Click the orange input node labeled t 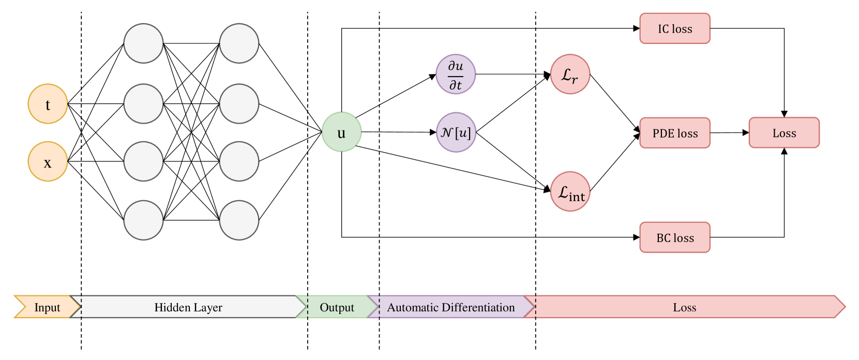pos(48,104)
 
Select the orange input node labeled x pos(48,162)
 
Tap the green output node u pos(341,132)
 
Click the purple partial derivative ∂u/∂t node pos(456,74)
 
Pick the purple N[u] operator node pos(456,132)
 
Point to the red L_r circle pos(570,74)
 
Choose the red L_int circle pos(570,191)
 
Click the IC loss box pos(675,29)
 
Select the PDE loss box pos(675,133)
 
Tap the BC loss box pos(675,238)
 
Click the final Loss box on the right pos(784,133)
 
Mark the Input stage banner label pos(47,307)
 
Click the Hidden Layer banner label pos(188,307)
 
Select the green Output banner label pos(337,307)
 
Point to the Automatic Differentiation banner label pos(451,307)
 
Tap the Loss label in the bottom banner pos(684,307)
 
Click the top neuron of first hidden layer pos(143,43)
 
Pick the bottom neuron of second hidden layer pos(239,220)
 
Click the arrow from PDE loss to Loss pos(729,133)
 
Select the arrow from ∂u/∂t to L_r pos(512,74)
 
